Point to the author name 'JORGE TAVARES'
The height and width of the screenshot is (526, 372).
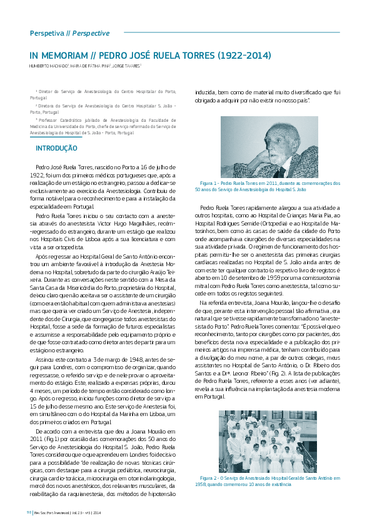tap(126, 66)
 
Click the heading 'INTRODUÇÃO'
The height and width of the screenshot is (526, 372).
tap(56, 149)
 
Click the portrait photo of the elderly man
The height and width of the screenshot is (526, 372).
tap(269, 147)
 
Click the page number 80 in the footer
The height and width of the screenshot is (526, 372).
tap(29, 512)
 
